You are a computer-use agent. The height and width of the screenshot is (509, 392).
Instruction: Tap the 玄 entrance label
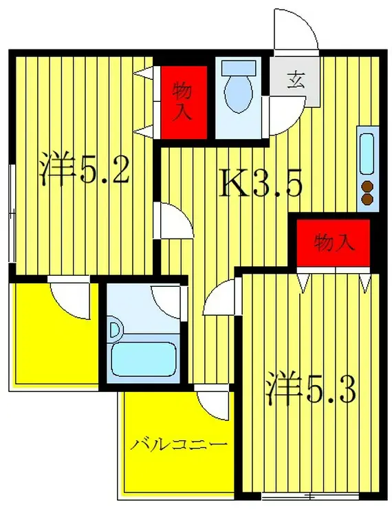(296, 80)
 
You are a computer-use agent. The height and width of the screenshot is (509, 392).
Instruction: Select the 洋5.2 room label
(84, 170)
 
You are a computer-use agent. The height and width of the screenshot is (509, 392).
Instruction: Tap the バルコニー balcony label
(179, 444)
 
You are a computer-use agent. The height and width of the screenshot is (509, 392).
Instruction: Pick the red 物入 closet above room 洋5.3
(334, 242)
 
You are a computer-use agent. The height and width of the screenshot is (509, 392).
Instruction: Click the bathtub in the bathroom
(142, 356)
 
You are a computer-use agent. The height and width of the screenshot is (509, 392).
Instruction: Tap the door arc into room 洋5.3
(220, 301)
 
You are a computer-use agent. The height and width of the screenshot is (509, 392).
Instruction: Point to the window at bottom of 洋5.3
(309, 495)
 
